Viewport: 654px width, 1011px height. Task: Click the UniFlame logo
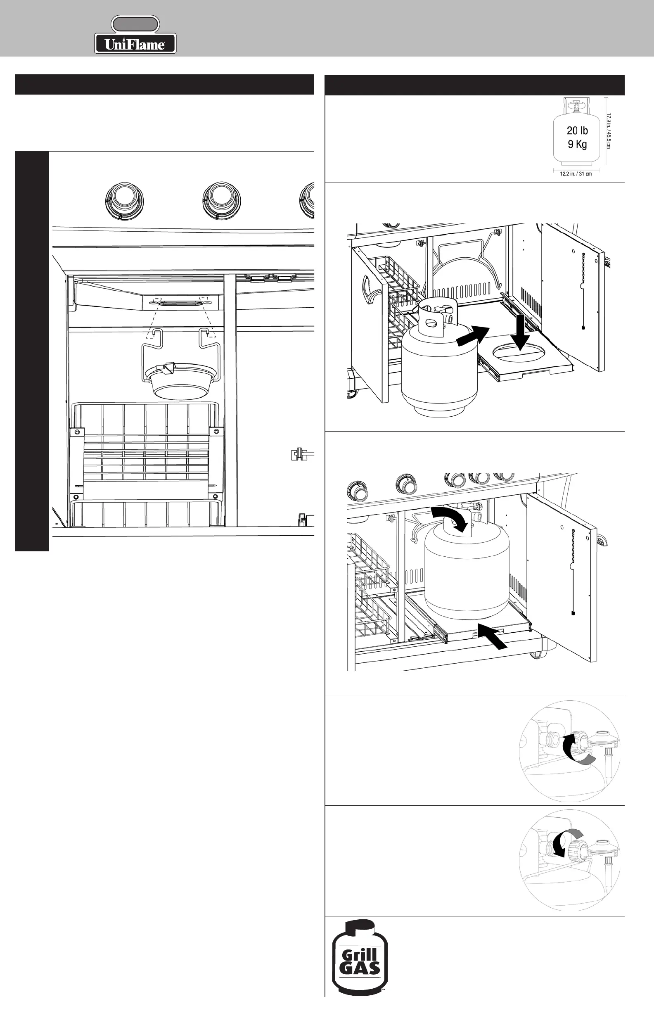135,35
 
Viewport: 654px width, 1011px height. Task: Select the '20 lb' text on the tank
577,131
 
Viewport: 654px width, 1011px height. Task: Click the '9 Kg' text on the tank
577,145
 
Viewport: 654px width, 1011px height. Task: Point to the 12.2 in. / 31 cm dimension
576,174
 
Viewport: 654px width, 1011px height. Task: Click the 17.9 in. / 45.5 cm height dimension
608,131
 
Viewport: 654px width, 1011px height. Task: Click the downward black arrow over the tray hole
520,332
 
